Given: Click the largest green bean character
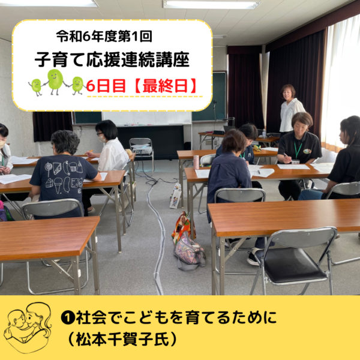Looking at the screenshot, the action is [55, 82].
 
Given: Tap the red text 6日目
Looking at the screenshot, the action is [106, 86].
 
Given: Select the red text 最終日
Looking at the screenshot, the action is [165, 86].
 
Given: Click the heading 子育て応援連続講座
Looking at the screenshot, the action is [112, 59].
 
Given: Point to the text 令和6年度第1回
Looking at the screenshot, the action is [104, 37].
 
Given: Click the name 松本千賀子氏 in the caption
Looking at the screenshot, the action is [122, 338].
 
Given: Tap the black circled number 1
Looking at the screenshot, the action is [68, 318].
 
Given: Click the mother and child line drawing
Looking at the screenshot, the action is [28, 327].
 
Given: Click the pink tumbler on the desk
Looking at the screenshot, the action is [196, 162].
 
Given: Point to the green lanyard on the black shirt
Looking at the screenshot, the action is [298, 150].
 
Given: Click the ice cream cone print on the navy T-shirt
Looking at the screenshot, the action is [58, 185].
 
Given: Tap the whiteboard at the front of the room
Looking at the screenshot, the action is [147, 118].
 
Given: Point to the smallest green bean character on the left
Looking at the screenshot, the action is [36, 87].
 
